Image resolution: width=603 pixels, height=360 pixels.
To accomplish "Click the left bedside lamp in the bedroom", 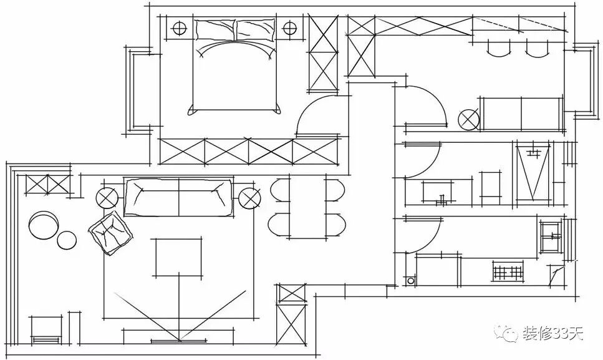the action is click(x=179, y=28).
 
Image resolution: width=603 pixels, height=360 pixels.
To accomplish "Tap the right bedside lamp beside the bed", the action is click(x=290, y=28).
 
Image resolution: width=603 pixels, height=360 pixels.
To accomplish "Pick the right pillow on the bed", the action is click(x=255, y=29).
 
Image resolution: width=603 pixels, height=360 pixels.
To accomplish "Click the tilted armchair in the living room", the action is click(x=111, y=233).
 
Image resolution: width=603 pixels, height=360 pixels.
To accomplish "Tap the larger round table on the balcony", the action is click(x=44, y=225).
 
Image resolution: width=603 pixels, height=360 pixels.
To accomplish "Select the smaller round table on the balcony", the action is click(x=67, y=240).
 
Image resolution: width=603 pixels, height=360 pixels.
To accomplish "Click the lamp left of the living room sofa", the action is click(x=106, y=199).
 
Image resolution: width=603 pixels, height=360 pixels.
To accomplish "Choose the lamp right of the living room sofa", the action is click(x=249, y=198).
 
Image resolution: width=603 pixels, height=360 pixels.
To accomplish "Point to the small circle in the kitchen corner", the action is click(x=410, y=281).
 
